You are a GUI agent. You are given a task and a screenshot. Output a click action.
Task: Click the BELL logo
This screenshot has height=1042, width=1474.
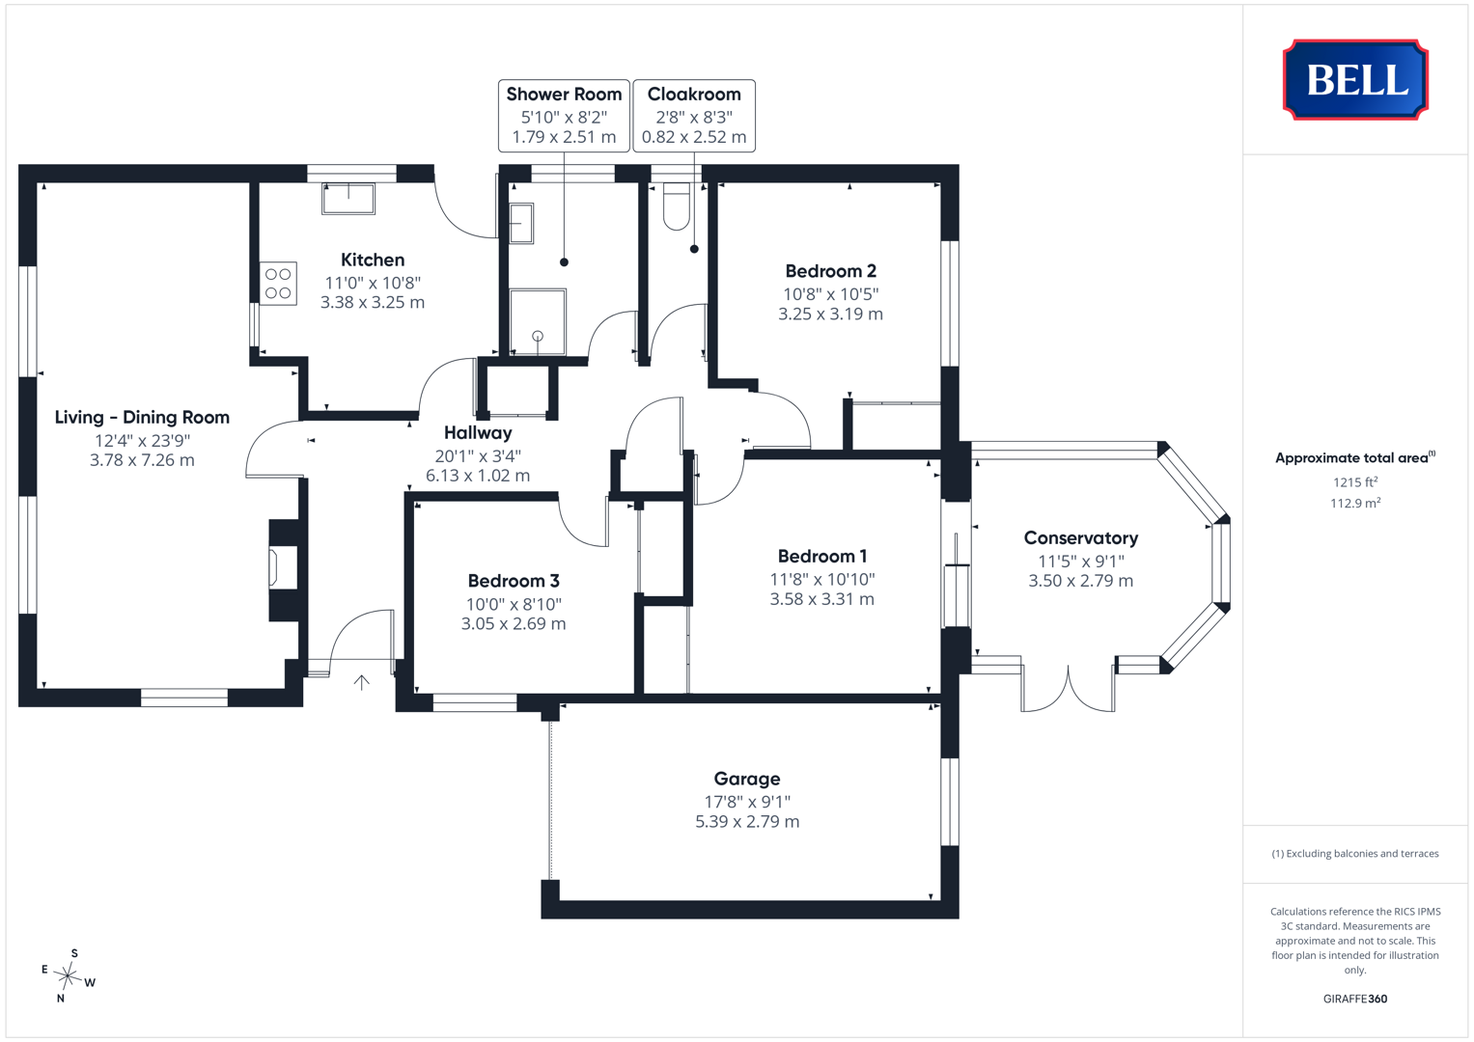tap(1355, 79)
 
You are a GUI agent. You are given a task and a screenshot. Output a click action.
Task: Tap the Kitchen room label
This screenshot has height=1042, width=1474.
tap(373, 260)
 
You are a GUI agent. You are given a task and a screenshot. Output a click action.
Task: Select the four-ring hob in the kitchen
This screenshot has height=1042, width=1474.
tap(278, 284)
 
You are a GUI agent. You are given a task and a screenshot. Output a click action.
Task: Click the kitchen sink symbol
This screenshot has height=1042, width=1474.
tap(348, 199)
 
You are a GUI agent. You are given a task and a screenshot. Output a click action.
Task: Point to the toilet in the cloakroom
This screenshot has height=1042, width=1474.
tap(676, 206)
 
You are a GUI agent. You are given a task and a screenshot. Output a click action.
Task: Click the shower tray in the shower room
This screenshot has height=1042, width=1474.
tap(538, 321)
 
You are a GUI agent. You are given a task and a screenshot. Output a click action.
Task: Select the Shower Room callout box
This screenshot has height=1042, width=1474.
tap(564, 116)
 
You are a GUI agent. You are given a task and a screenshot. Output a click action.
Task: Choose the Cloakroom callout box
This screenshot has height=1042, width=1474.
tap(694, 116)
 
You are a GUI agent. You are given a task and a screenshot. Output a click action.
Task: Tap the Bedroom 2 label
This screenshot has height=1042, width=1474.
tap(830, 271)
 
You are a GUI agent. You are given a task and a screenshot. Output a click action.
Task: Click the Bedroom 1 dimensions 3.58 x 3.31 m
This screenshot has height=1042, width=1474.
tap(821, 599)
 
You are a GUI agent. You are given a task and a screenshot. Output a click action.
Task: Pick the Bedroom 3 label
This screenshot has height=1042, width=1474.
tap(514, 581)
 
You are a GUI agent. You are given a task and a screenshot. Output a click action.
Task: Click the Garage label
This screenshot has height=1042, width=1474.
tap(747, 779)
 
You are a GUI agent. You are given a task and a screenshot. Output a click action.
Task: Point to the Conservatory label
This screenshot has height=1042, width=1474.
tap(1080, 538)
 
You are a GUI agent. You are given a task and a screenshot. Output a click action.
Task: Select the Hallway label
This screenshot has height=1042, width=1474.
tap(478, 433)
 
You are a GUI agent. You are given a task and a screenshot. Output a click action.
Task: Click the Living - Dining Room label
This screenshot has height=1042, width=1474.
tap(142, 417)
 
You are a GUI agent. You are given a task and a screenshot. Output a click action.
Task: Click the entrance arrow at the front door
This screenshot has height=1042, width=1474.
tap(361, 682)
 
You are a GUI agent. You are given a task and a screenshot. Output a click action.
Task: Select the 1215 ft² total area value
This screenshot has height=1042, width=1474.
tap(1355, 482)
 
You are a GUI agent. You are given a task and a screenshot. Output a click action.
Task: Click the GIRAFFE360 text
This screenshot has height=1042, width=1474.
tap(1355, 999)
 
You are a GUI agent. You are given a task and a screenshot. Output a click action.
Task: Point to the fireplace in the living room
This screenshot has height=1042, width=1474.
tap(284, 570)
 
